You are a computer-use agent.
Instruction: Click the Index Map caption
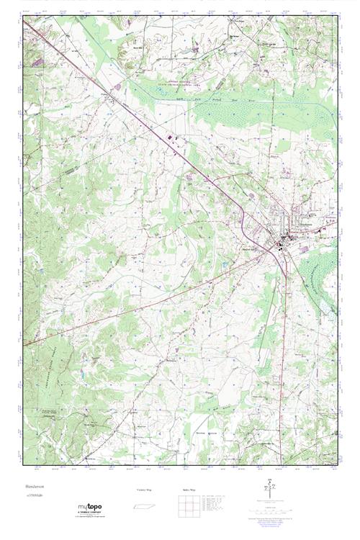pyautogui.click(x=189, y=490)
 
